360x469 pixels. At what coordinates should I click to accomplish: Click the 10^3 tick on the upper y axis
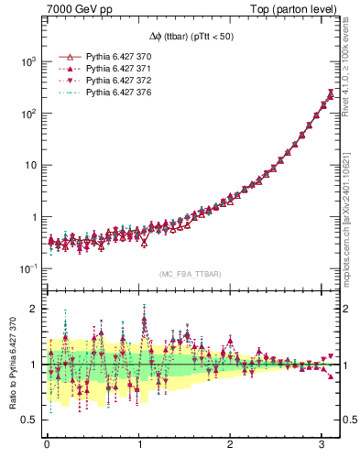click(x=27, y=61)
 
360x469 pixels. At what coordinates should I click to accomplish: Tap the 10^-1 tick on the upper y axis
click(x=27, y=268)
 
